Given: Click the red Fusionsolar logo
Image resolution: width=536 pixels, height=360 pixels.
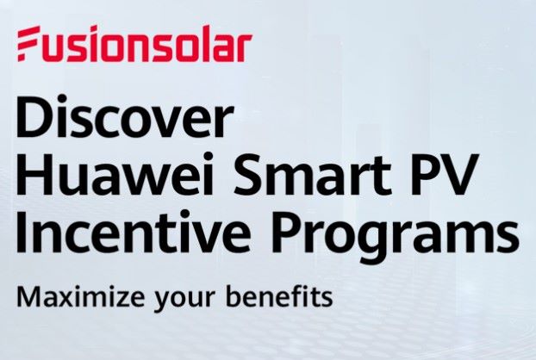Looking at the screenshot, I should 134,45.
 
